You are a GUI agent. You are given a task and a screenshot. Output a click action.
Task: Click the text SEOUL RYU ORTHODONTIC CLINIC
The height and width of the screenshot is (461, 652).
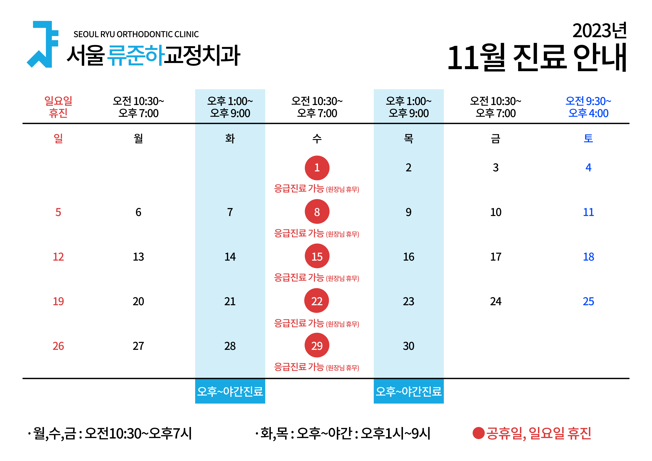click(x=136, y=34)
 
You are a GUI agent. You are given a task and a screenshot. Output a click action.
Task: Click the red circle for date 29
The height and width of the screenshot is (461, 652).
click(x=317, y=345)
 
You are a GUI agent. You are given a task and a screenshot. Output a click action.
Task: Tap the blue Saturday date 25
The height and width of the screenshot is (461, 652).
click(x=588, y=301)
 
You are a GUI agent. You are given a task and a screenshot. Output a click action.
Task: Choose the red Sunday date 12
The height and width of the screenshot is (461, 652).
click(x=58, y=257)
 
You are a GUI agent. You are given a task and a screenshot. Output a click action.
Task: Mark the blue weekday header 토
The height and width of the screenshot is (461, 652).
click(x=588, y=139)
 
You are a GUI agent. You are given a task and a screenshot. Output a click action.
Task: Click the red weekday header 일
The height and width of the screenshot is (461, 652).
click(x=58, y=139)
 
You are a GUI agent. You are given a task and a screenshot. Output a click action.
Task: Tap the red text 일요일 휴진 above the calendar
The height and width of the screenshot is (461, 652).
click(x=58, y=107)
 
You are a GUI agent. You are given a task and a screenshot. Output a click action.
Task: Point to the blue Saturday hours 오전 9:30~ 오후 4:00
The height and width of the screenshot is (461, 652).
click(x=588, y=107)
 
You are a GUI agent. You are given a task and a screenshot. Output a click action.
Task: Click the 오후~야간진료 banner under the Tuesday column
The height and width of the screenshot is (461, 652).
click(x=230, y=391)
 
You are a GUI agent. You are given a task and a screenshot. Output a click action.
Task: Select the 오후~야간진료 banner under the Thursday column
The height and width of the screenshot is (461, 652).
click(x=409, y=391)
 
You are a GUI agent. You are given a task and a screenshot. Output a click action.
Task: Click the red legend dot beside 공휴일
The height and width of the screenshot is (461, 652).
click(x=478, y=433)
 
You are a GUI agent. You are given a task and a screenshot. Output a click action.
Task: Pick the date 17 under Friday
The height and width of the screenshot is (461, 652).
click(x=496, y=257)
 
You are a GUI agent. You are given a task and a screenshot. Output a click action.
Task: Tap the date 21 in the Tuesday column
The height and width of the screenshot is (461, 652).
click(x=230, y=301)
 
